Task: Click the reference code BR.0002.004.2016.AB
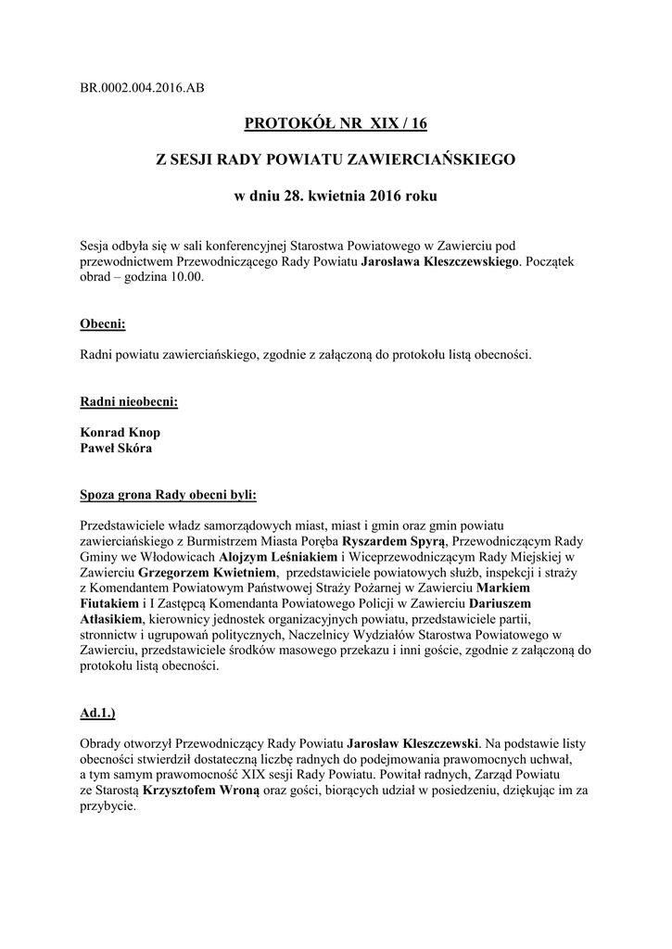coord(143,88)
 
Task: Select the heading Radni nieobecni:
coord(129,402)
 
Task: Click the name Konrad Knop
coord(120,433)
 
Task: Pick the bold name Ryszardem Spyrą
coord(395,541)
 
